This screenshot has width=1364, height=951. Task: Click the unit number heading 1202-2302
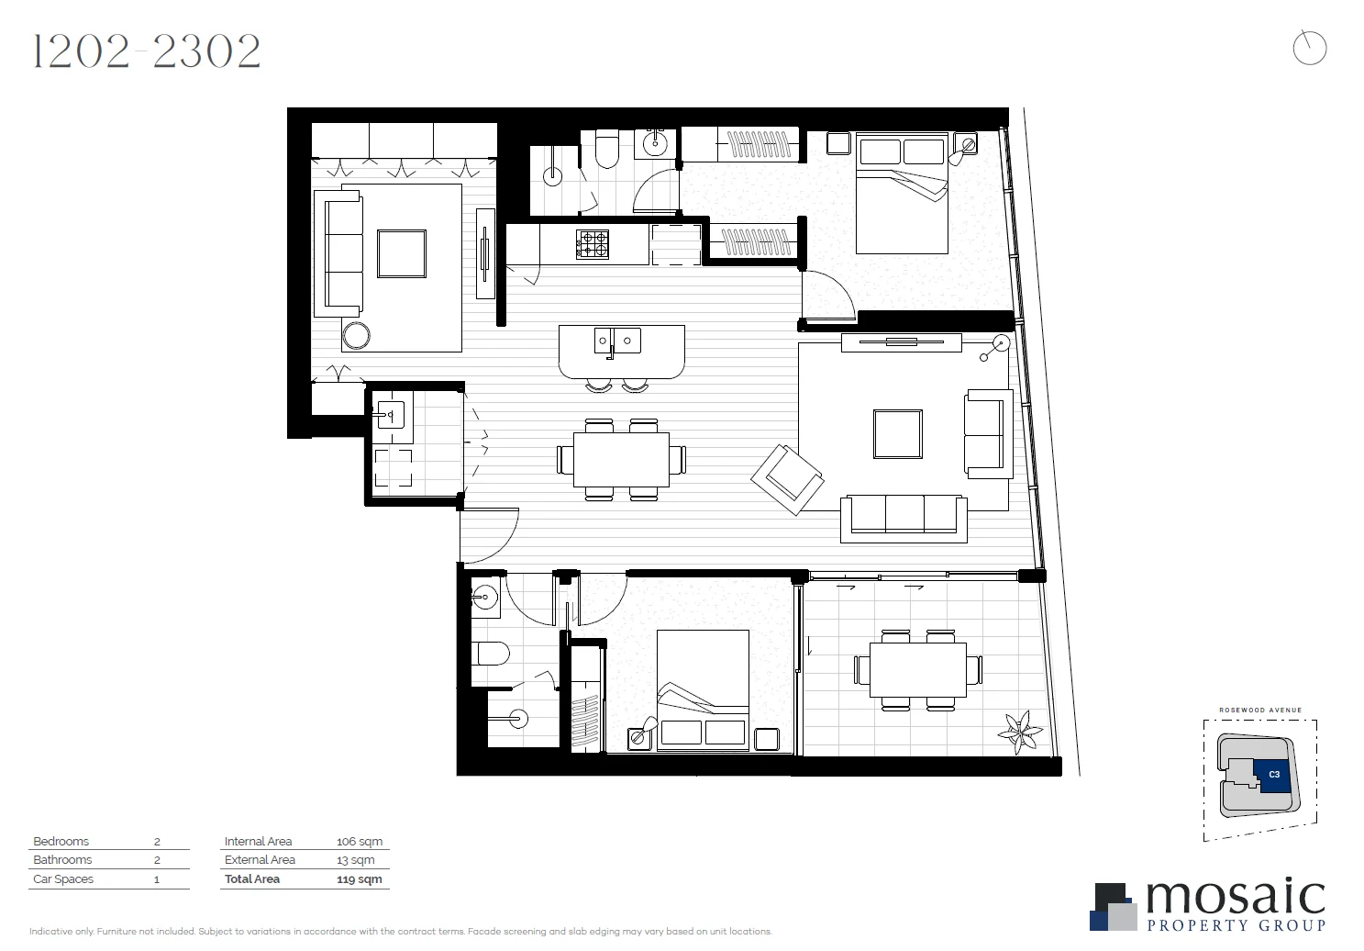(147, 52)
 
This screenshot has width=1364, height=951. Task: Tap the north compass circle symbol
(1309, 48)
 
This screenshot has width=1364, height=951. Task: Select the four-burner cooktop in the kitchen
(592, 244)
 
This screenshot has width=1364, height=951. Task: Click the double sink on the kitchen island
(616, 341)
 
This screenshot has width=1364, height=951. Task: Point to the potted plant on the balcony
(1020, 732)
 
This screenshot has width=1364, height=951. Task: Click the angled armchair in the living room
(787, 479)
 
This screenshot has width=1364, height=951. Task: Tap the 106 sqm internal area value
(359, 841)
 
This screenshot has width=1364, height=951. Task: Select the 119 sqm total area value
(359, 878)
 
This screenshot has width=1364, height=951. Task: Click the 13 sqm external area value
(356, 860)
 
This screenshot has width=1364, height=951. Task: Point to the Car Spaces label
(63, 878)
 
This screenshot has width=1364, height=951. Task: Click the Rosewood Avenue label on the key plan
(1259, 710)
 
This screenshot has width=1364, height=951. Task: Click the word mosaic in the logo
(1235, 898)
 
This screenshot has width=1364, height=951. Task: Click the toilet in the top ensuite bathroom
(607, 151)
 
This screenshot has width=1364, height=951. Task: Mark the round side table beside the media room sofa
(356, 336)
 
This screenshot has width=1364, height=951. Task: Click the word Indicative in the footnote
(51, 931)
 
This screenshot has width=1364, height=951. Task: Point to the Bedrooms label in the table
(61, 841)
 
